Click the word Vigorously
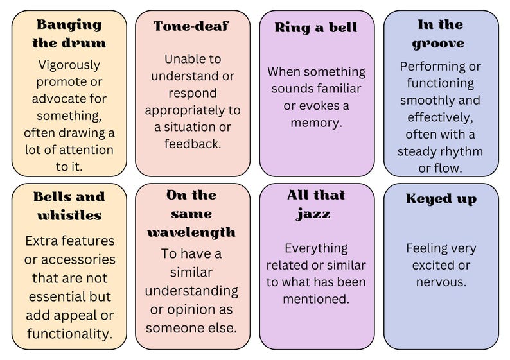(x=69, y=65)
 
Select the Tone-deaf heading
(x=191, y=26)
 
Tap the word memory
(x=315, y=122)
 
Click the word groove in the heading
(x=441, y=44)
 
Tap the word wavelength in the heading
(x=191, y=232)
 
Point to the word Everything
(x=316, y=248)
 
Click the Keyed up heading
(x=441, y=199)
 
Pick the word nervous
(x=441, y=282)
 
